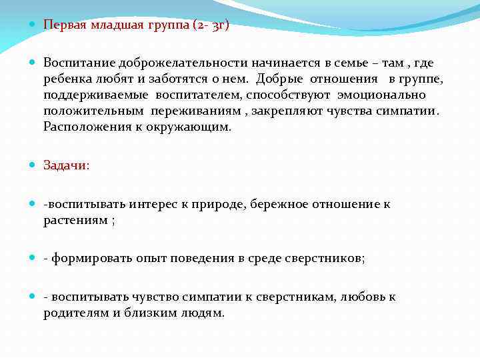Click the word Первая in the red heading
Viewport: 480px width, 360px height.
[x=64, y=25]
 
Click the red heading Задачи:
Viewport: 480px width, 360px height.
[x=66, y=165]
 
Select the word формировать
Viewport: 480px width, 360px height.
[x=87, y=259]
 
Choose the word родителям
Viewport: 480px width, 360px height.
[x=75, y=313]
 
